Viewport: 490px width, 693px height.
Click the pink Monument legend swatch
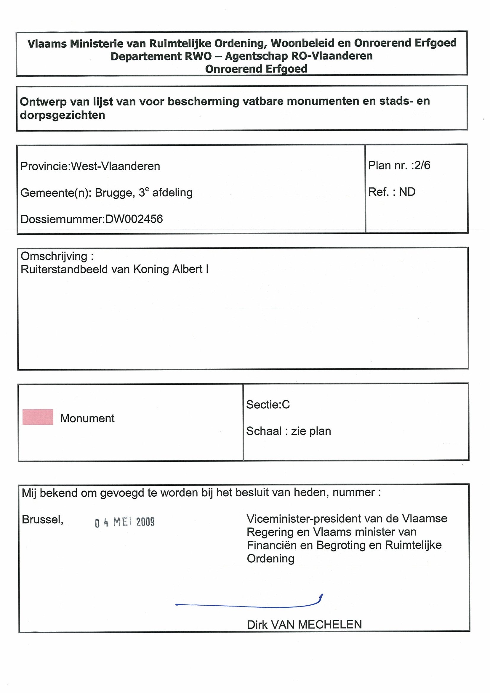[38, 417]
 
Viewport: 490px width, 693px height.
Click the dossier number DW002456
[134, 219]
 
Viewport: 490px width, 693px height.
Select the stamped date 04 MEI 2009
[125, 522]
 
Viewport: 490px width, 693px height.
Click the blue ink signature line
[248, 604]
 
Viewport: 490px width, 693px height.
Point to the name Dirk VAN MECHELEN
[304, 625]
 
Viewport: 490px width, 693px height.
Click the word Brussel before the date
[43, 519]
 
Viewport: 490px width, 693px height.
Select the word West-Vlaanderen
[115, 166]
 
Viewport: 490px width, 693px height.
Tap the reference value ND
[407, 192]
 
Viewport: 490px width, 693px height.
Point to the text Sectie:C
[268, 405]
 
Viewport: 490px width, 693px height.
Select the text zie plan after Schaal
[311, 431]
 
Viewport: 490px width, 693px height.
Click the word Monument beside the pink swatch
[87, 418]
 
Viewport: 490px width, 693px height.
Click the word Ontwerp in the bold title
[43, 102]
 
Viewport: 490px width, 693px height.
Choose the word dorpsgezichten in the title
[63, 115]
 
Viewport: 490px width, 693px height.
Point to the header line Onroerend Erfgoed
[256, 69]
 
